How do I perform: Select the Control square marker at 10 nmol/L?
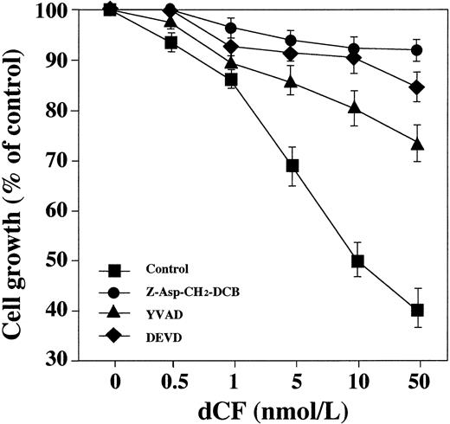(357, 261)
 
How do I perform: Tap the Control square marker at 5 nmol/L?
(293, 165)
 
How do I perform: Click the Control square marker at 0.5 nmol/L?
(170, 42)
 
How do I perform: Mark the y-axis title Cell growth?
(19, 186)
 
